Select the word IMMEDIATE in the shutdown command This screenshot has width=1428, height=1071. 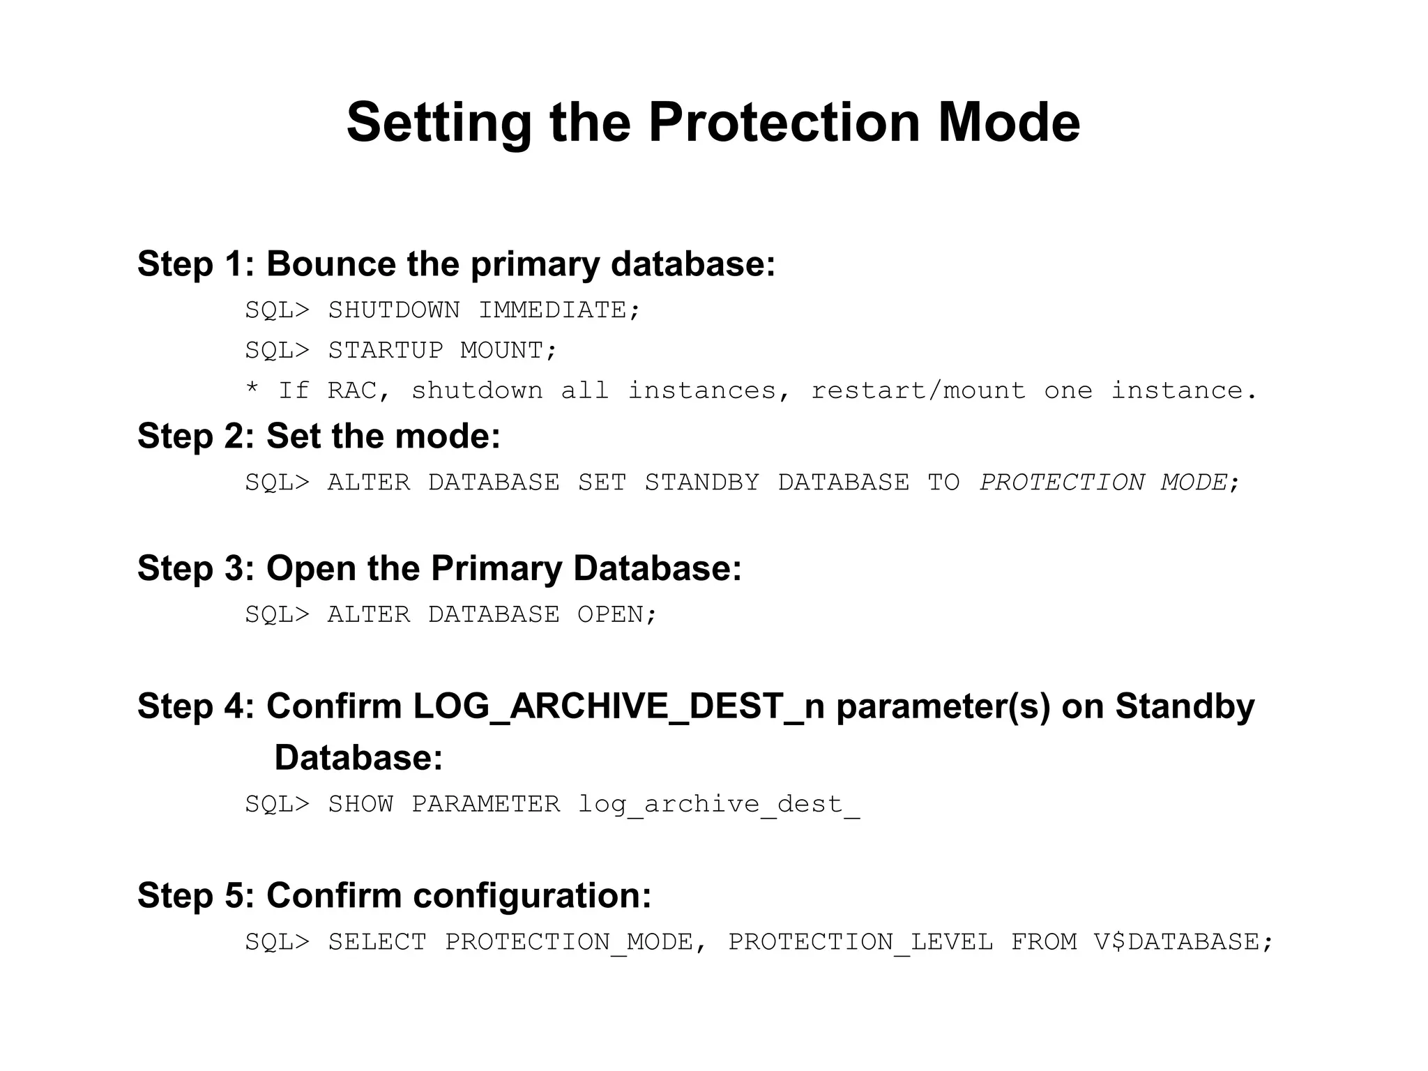[552, 310]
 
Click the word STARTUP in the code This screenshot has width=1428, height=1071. [386, 350]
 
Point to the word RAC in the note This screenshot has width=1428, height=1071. [351, 390]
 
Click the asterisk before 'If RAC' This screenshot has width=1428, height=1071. [252, 389]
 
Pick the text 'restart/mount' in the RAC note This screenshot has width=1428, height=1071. [918, 390]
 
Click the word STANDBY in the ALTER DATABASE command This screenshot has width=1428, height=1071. [701, 483]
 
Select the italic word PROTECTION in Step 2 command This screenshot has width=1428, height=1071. [1061, 483]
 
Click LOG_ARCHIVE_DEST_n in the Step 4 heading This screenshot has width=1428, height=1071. [618, 706]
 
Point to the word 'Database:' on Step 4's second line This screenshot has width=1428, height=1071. [358, 758]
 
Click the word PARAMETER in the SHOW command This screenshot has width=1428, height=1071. [485, 805]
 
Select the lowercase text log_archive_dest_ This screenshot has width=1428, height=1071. [718, 805]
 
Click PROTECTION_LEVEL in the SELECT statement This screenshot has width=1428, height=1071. [860, 942]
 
